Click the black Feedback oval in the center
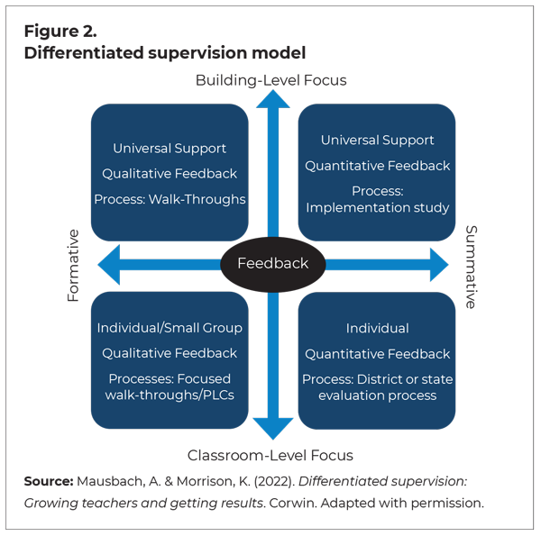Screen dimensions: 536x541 pyautogui.click(x=272, y=264)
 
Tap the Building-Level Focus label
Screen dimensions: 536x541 pyautogui.click(x=270, y=80)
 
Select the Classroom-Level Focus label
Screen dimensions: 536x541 pyautogui.click(x=270, y=455)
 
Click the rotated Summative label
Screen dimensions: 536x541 pyautogui.click(x=470, y=267)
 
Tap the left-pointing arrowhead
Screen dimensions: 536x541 pyautogui.click(x=109, y=265)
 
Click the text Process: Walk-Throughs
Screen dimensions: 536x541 pyautogui.click(x=170, y=199)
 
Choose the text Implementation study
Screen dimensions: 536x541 pyautogui.click(x=377, y=208)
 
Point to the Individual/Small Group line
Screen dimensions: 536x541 pyautogui.click(x=170, y=328)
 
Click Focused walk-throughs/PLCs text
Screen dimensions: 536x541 pyautogui.click(x=170, y=386)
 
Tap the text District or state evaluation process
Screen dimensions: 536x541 pyautogui.click(x=377, y=387)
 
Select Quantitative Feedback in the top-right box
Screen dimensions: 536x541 pyautogui.click(x=377, y=166)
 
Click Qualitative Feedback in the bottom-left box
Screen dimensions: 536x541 pyautogui.click(x=170, y=353)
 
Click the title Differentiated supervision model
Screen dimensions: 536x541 pyautogui.click(x=165, y=53)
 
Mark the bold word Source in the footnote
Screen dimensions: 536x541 pyautogui.click(x=48, y=481)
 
